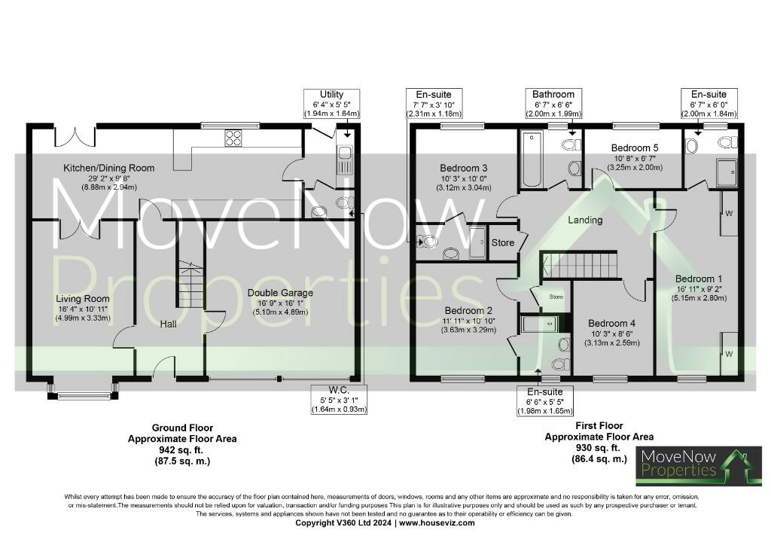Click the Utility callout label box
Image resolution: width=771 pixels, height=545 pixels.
pyautogui.click(x=331, y=104)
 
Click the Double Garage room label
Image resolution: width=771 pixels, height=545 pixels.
pyautogui.click(x=280, y=293)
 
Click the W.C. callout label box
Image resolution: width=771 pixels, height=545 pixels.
pyautogui.click(x=338, y=400)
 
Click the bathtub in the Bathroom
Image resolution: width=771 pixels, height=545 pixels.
pyautogui.click(x=531, y=159)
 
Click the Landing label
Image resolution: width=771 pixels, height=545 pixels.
pyautogui.click(x=585, y=221)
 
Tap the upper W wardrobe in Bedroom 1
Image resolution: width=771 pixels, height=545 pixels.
pyautogui.click(x=727, y=212)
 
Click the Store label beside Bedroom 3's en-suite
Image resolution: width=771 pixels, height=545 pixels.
pyautogui.click(x=503, y=243)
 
